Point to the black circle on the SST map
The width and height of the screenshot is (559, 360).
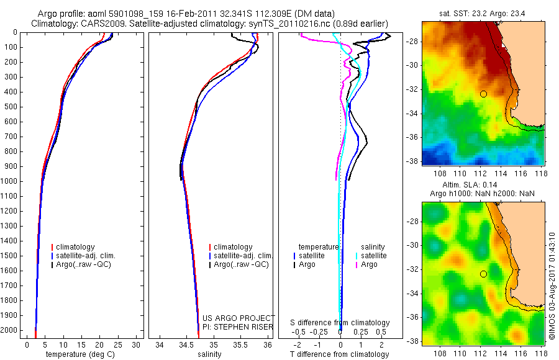[x=483, y=94]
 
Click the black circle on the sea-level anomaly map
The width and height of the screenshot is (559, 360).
[x=483, y=274]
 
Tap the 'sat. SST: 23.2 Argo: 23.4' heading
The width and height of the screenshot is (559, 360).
[x=483, y=14]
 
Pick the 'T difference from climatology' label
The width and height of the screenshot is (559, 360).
[x=340, y=354]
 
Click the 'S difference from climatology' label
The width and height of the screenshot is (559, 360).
[x=340, y=323]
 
